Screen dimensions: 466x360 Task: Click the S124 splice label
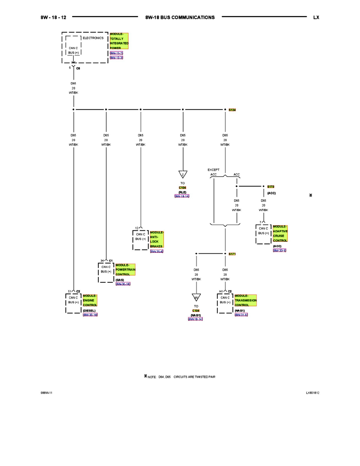pyautogui.click(x=232, y=110)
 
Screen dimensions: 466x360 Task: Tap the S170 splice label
pyautogui.click(x=271, y=187)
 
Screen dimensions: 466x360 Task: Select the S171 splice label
pyautogui.click(x=232, y=254)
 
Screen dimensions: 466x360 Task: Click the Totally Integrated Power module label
pyautogui.click(x=119, y=41)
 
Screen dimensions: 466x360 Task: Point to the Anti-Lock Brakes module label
pyautogui.click(x=157, y=239)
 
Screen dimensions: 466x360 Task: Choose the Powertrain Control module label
pyautogui.click(x=125, y=270)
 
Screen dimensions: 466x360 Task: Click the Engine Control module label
pyautogui.click(x=90, y=300)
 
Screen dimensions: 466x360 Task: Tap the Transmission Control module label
pyautogui.click(x=245, y=300)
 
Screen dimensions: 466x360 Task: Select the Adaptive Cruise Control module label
pyautogui.click(x=280, y=233)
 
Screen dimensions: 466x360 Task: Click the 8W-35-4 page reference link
pyautogui.click(x=156, y=251)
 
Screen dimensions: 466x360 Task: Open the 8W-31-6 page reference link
pyautogui.click(x=241, y=315)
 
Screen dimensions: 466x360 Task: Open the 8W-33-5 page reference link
pyautogui.click(x=280, y=250)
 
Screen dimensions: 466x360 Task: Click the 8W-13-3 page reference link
pyautogui.click(x=116, y=58)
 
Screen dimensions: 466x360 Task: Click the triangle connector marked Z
pyautogui.click(x=183, y=174)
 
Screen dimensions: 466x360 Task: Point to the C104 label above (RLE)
pyautogui.click(x=182, y=188)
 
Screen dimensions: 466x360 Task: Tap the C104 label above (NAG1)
pyautogui.click(x=196, y=311)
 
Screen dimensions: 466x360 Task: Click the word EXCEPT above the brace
pyautogui.click(x=214, y=170)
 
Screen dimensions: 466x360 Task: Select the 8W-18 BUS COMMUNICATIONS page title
pyautogui.click(x=180, y=17)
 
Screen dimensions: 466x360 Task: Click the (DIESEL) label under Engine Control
pyautogui.click(x=89, y=310)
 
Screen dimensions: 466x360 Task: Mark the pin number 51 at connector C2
pyautogui.click(x=70, y=291)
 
